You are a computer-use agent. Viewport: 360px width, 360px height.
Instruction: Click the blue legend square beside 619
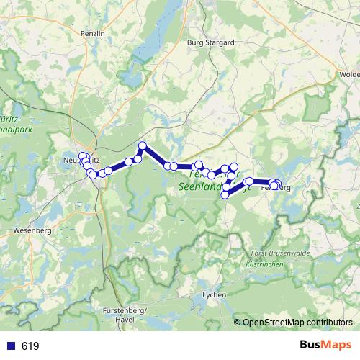pyautogui.click(x=11, y=346)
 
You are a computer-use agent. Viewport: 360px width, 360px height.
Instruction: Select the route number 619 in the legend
pyautogui.click(x=30, y=346)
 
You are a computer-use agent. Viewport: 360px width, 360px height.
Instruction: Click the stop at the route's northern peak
pyautogui.click(x=143, y=146)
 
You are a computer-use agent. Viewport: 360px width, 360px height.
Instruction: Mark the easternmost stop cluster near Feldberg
pyautogui.click(x=275, y=184)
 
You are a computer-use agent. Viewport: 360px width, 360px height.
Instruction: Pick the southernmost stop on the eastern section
pyautogui.click(x=225, y=194)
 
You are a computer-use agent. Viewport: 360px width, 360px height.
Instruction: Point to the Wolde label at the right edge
pyautogui.click(x=349, y=74)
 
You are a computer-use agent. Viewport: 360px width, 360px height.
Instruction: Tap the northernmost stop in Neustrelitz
pyautogui.click(x=83, y=156)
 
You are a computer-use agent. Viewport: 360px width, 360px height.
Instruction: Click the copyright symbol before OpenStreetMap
pyautogui.click(x=238, y=323)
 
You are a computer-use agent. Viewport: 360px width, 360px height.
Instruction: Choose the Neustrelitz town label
pyautogui.click(x=76, y=160)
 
